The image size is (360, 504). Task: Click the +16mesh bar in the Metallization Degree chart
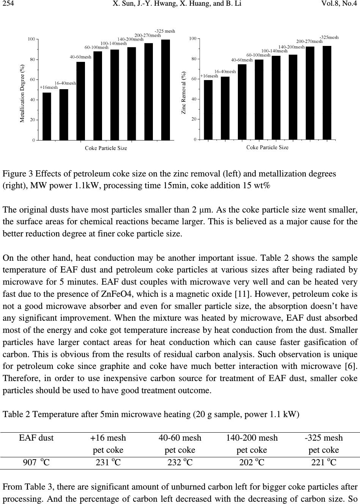47,116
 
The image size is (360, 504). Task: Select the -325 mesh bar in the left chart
165,90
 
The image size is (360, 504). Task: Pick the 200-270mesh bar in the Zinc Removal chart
310,93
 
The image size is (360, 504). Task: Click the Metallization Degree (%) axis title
22,93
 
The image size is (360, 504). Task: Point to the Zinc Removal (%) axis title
184,93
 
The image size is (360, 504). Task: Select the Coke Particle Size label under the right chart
267,147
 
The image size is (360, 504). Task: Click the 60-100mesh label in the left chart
96,48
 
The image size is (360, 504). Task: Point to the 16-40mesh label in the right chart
225,71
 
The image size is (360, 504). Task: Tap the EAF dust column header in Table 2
36,438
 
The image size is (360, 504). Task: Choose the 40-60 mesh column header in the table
180,438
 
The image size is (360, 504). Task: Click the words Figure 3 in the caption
15,174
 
